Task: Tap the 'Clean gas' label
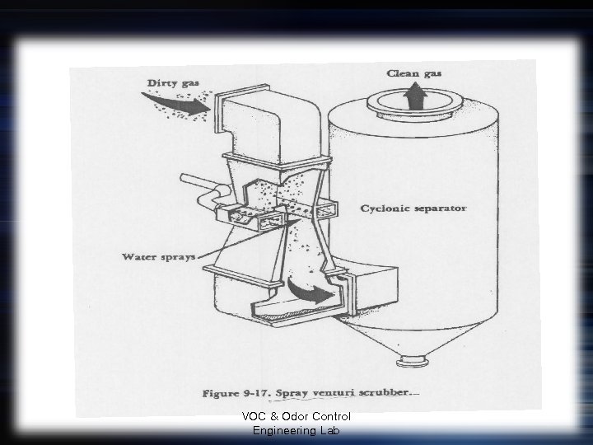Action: pyautogui.click(x=414, y=73)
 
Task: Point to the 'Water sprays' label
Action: pyautogui.click(x=158, y=256)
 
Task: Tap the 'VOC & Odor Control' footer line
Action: pyautogui.click(x=296, y=417)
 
